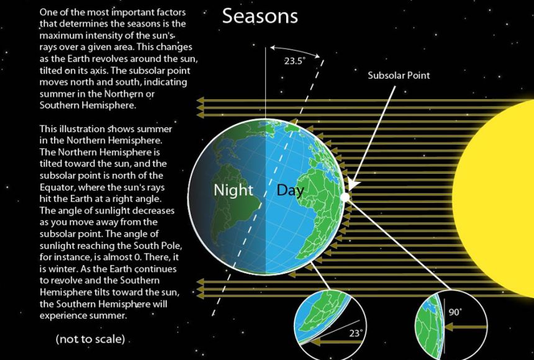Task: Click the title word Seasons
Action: click(260, 16)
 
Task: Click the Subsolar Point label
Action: click(399, 76)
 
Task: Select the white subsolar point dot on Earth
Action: click(345, 197)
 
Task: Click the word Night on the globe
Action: click(233, 190)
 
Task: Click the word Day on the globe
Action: click(290, 190)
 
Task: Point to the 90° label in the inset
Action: click(455, 312)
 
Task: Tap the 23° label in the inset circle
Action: click(356, 333)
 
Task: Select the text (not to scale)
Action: click(90, 339)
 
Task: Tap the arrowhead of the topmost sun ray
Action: click(200, 99)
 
